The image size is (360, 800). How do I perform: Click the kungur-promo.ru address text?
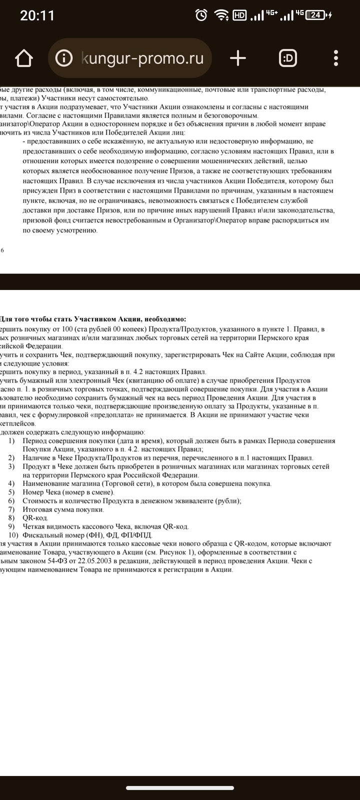pos(142,58)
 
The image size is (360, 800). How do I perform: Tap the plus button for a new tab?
pos(238,58)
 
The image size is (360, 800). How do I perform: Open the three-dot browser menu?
pos(335,58)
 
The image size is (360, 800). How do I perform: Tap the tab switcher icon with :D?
pos(287,58)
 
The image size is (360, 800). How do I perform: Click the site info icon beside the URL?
pos(64,58)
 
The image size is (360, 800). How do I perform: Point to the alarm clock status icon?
pos(201,15)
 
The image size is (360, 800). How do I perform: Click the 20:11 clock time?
pos(37,15)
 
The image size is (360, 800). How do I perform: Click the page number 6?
pos(2,250)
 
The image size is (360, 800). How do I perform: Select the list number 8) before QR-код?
pos(11,518)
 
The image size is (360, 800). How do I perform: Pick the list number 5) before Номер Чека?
pos(11,492)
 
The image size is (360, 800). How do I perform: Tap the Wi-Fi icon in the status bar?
pos(220,15)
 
